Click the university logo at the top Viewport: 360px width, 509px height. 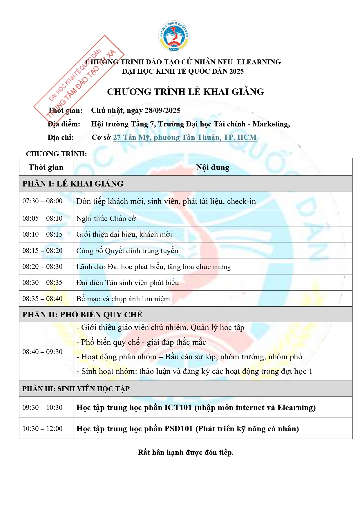[x=174, y=36]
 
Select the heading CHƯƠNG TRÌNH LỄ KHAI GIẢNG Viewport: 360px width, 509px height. [x=186, y=92]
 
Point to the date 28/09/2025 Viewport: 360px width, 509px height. [x=162, y=111]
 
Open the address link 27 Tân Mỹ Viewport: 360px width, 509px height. [x=185, y=137]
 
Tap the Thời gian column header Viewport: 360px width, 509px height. [x=46, y=167]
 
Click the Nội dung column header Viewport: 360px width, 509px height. [x=213, y=167]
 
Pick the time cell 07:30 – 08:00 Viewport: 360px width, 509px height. [x=43, y=201]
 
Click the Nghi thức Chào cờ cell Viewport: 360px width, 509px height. [x=106, y=218]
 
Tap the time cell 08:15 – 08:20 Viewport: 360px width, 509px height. [x=43, y=251]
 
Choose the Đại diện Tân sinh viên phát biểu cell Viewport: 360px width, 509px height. [x=128, y=282]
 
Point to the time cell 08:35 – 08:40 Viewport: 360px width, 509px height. [x=43, y=299]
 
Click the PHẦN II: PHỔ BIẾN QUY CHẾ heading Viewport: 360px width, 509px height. [x=82, y=315]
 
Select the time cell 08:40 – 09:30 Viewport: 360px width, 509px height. [x=43, y=352]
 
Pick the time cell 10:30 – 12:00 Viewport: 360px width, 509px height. [x=43, y=429]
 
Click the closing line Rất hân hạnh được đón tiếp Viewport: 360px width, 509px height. [x=186, y=452]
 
